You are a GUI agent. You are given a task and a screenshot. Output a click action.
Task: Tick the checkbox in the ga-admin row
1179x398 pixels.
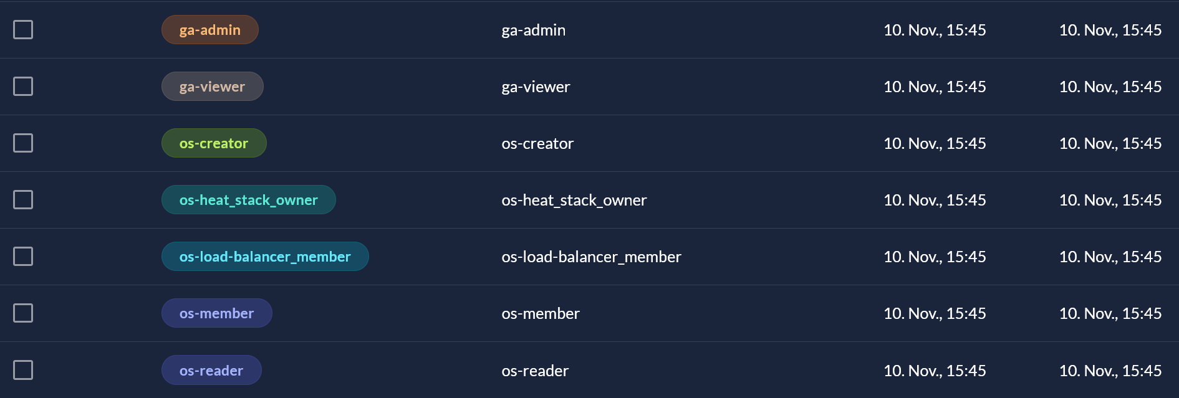point(23,29)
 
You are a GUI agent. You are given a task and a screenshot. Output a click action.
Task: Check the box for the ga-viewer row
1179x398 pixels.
point(23,86)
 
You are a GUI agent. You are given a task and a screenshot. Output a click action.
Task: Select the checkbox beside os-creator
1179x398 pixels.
point(23,143)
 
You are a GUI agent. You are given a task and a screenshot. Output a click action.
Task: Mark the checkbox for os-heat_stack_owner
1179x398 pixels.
point(23,199)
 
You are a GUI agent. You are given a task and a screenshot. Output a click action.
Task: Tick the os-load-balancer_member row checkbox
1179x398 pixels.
point(23,256)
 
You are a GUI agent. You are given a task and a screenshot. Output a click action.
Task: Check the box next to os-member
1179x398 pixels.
point(23,313)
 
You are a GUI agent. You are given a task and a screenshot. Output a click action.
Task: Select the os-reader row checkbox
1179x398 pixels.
point(23,370)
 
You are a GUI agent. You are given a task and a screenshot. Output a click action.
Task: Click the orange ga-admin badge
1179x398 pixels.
point(210,30)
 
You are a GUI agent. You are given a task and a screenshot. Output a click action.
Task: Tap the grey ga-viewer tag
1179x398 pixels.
point(213,87)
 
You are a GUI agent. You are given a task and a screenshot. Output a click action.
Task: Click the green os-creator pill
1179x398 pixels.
point(214,143)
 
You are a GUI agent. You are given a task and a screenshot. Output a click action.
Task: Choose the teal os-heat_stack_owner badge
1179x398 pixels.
point(249,200)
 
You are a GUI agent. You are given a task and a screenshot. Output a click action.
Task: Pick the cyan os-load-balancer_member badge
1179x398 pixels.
point(265,257)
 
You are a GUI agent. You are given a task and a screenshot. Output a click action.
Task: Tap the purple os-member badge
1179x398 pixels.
point(217,313)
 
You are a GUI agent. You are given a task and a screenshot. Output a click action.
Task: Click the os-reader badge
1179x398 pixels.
point(211,371)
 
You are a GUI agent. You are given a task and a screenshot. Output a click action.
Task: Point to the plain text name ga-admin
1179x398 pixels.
point(534,31)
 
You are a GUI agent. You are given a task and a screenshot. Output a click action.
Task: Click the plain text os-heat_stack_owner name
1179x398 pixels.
point(574,200)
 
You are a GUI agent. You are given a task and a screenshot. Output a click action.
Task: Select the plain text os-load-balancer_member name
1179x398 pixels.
point(591,257)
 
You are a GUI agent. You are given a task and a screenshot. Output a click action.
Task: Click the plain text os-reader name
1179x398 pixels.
point(535,371)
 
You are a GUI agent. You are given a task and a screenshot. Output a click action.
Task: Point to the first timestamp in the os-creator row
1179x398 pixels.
point(935,143)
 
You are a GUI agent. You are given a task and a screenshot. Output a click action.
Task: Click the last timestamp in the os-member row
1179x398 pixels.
point(1110,313)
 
